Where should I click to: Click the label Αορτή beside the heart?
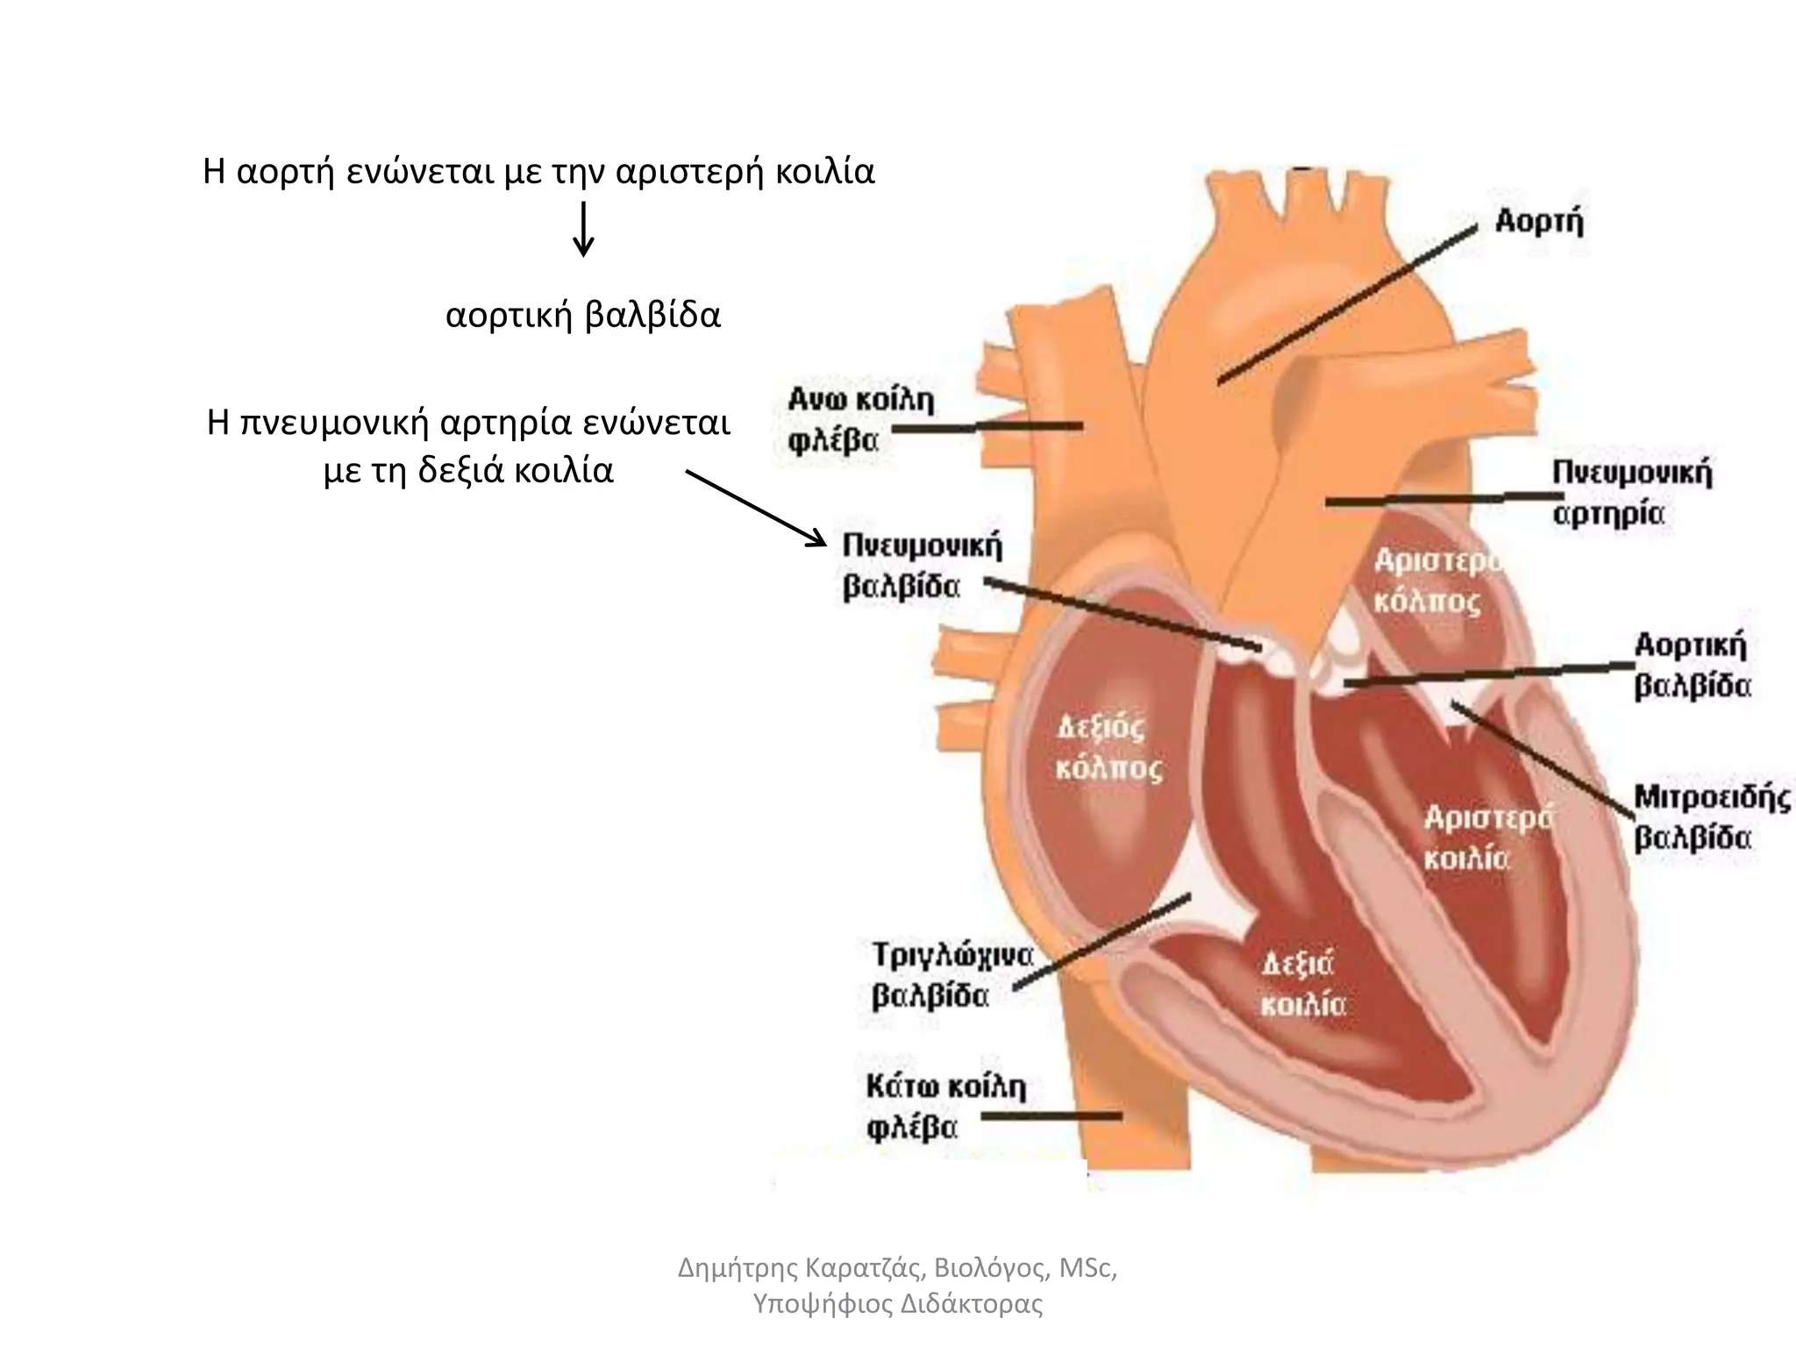pos(1539,222)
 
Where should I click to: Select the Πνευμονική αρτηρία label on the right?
pos(1632,492)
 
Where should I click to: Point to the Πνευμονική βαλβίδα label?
pos(921,566)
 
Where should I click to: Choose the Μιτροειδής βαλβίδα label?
pos(1711,817)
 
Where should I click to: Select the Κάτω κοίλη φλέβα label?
pos(945,1108)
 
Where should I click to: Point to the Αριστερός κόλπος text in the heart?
pos(1436,581)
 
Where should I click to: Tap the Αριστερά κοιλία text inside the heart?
pos(1487,837)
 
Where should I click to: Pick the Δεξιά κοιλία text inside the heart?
pos(1301,985)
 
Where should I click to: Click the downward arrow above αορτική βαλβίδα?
pos(583,230)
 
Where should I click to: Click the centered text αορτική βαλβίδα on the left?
pos(583,315)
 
